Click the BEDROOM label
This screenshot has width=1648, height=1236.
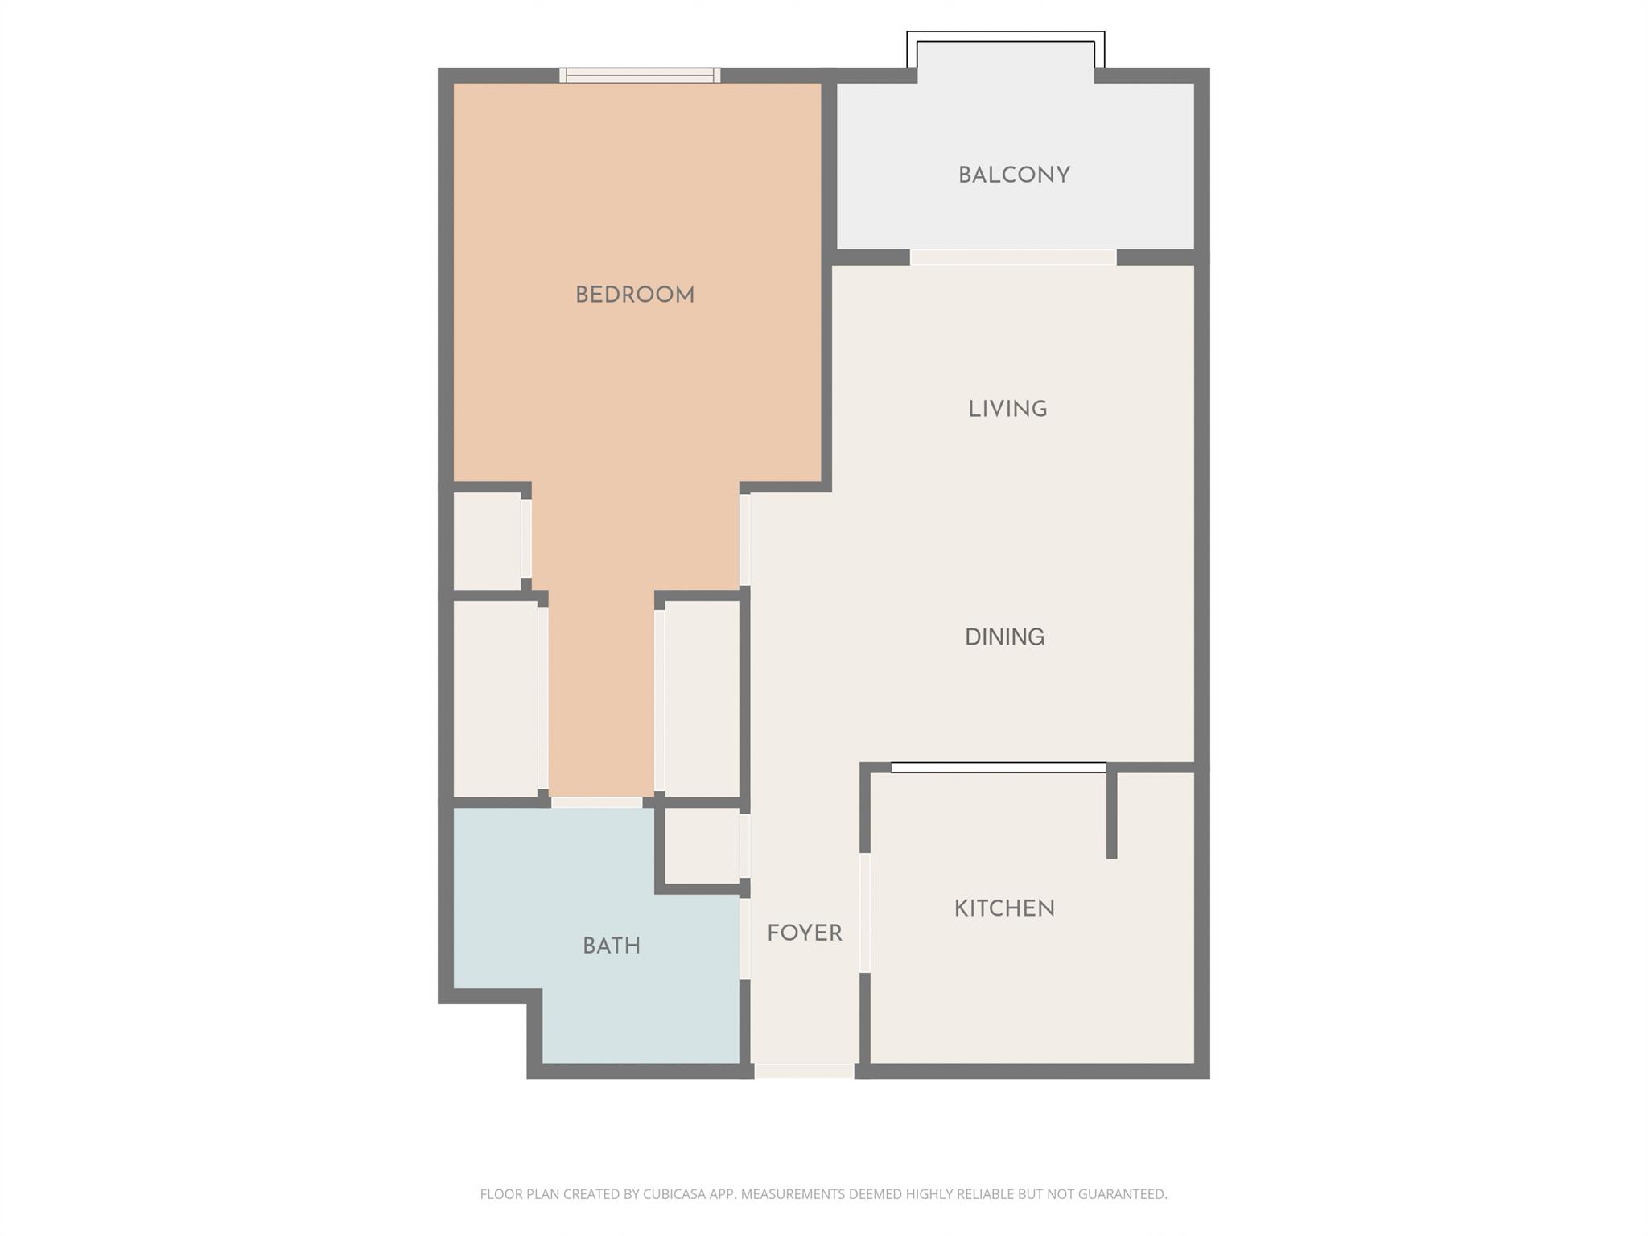[x=635, y=295]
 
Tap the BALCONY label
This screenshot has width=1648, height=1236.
[x=1014, y=175]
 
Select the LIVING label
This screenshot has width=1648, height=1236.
[x=1007, y=410]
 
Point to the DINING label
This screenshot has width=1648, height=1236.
[x=1004, y=637]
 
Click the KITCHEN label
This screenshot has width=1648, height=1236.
[x=1004, y=909]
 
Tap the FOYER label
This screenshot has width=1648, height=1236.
[x=804, y=933]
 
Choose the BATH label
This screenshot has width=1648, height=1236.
[x=612, y=946]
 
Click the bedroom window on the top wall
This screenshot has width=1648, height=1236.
[x=640, y=76]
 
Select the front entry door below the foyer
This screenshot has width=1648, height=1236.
[x=804, y=1071]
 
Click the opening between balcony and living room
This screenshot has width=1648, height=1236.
[x=1013, y=257]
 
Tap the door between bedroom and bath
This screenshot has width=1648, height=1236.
[x=596, y=802]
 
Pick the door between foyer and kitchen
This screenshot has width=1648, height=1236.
[x=865, y=913]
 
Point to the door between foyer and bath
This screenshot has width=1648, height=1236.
[x=744, y=938]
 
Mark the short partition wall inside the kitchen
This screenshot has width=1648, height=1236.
[x=1111, y=813]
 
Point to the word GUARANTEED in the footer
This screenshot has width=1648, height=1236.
[x=1122, y=1194]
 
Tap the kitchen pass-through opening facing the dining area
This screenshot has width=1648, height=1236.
[x=999, y=768]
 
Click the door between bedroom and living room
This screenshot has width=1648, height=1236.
[x=744, y=539]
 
